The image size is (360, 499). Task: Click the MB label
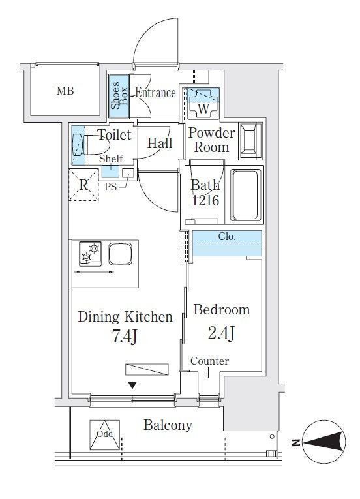(x=65, y=91)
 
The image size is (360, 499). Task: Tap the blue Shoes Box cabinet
(x=119, y=96)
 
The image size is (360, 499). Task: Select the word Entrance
(x=155, y=93)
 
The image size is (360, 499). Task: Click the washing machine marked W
(x=203, y=104)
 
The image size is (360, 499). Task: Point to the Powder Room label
(x=212, y=140)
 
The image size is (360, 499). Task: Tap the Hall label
(x=160, y=144)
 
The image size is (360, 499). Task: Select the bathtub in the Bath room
(x=245, y=195)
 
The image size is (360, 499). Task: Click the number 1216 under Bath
(x=205, y=200)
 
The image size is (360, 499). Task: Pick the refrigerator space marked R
(x=83, y=185)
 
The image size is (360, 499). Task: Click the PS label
(x=110, y=187)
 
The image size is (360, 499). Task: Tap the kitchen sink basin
(x=120, y=254)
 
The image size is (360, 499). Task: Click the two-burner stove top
(x=91, y=254)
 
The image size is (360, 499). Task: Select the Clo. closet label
(x=227, y=237)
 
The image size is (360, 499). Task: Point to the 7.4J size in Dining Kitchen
(x=125, y=337)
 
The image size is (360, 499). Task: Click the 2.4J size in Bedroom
(x=222, y=333)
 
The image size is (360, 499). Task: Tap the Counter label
(x=209, y=361)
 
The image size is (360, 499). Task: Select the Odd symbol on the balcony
(x=105, y=434)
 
